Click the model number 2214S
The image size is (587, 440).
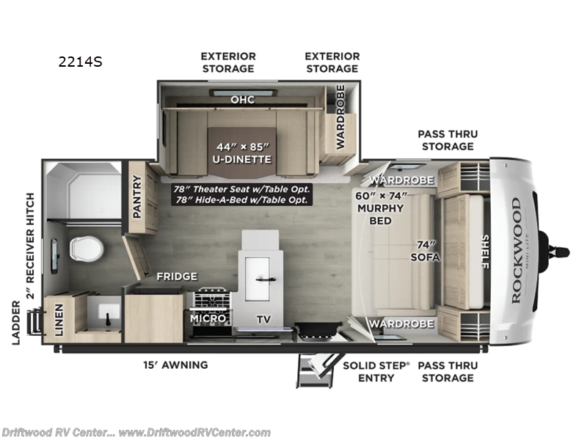pos(79,62)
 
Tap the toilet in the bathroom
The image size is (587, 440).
pos(85,247)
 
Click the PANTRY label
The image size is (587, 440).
pos(136,197)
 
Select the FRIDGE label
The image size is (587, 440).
pos(176,276)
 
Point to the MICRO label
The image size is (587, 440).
pos(208,319)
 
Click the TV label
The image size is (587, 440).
pos(263,319)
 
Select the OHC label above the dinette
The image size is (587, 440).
pos(242,100)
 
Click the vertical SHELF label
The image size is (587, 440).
pos(485,251)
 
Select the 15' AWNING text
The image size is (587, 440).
pos(175,364)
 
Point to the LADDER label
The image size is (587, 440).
pos(17,321)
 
